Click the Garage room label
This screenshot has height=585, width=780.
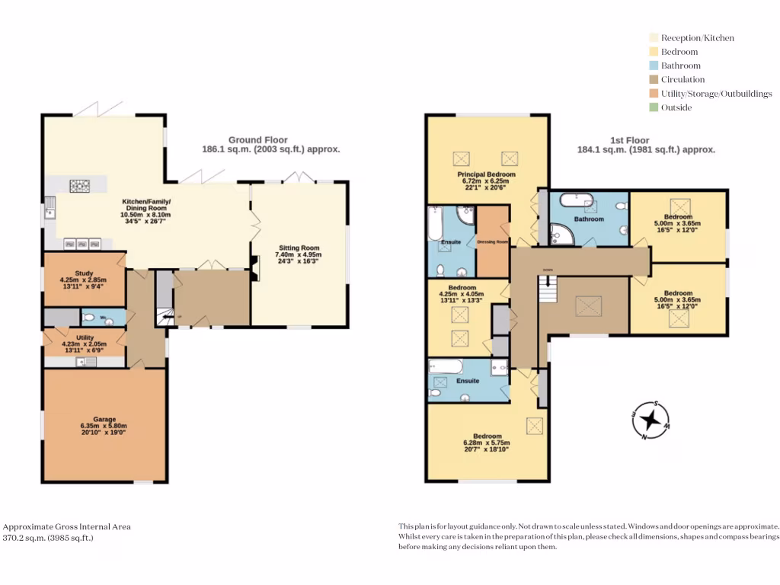[104, 419]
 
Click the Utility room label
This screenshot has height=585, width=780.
[85, 337]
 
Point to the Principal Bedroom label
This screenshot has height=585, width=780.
[486, 174]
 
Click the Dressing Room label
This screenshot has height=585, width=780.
[492, 241]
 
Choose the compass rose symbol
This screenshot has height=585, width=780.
[650, 420]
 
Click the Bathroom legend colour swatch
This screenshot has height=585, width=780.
[654, 66]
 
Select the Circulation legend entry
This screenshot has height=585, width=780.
[682, 79]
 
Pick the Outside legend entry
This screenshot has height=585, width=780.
[676, 107]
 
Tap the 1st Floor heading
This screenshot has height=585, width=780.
[630, 140]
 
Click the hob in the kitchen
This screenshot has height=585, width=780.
[80, 185]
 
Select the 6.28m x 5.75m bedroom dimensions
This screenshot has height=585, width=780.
[486, 443]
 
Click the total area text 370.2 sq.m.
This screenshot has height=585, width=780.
[48, 537]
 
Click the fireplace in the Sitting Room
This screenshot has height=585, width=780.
[255, 264]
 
